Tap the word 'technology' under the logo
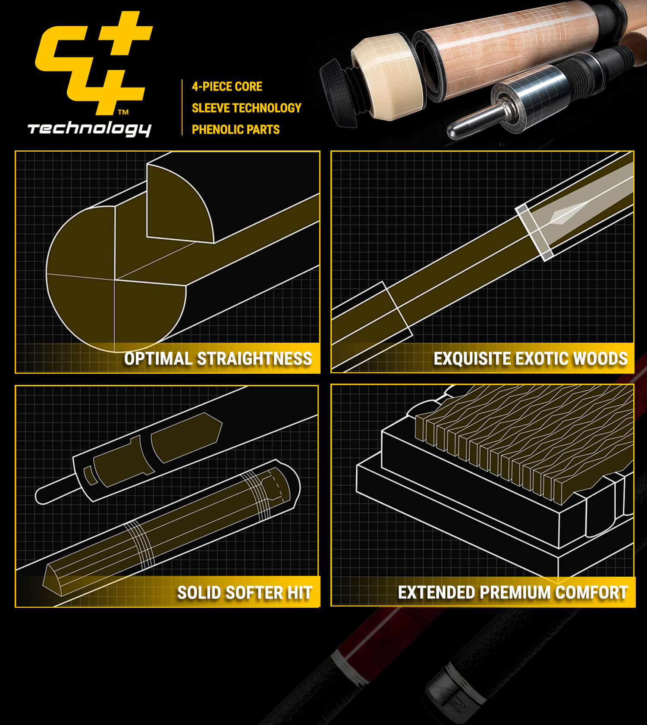coord(89,129)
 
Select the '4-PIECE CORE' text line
coord(227,87)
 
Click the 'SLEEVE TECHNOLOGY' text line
coord(246,108)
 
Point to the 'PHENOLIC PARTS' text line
coord(236,129)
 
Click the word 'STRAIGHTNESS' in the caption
coord(254,359)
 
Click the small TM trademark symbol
coord(123,112)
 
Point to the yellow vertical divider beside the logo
coord(182,107)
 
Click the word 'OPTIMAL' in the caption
coord(158,359)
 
